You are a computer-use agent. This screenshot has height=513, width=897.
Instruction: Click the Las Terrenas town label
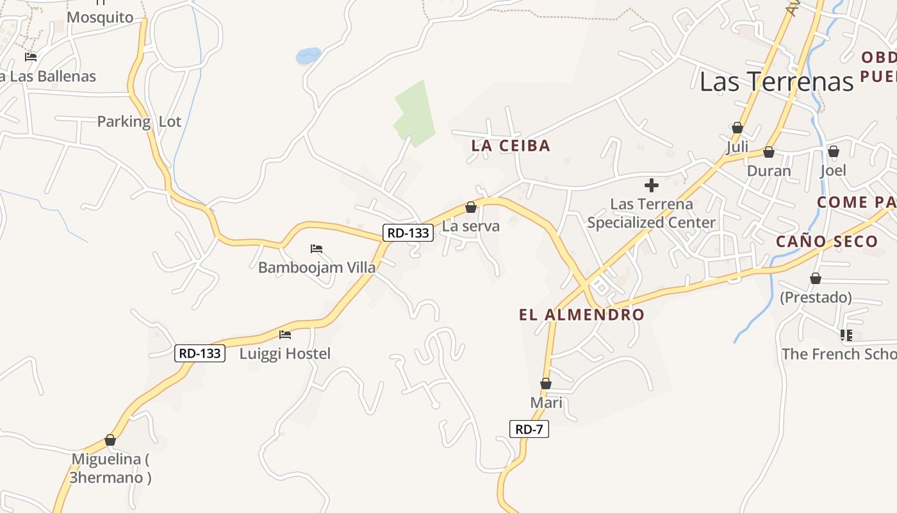(x=777, y=81)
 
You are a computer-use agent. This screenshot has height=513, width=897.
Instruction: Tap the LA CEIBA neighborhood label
(x=511, y=146)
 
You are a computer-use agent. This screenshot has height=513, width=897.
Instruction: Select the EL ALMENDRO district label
(x=581, y=315)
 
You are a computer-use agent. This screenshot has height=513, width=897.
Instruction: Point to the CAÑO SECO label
(x=827, y=242)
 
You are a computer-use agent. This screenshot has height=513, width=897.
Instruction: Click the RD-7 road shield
(x=529, y=429)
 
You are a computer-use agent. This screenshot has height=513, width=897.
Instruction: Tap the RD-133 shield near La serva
(x=408, y=233)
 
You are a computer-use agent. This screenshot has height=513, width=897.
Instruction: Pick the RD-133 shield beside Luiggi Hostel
(x=200, y=353)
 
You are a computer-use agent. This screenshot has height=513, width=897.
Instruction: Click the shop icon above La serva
(x=471, y=207)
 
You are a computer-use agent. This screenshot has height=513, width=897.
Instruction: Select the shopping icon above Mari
(x=546, y=383)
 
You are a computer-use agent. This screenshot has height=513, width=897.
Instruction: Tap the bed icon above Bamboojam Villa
(x=317, y=248)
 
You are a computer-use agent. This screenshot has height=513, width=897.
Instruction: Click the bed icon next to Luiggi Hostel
(x=285, y=334)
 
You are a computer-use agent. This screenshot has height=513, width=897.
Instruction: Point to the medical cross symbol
(x=652, y=186)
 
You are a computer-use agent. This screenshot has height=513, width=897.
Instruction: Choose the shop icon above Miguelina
(x=110, y=440)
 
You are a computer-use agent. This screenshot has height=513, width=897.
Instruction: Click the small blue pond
(x=308, y=56)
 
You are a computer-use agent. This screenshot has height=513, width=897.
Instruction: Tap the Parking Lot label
(x=139, y=121)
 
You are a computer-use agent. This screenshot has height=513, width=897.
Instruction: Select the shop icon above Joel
(x=833, y=151)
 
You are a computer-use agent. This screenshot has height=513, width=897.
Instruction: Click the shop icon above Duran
(x=769, y=152)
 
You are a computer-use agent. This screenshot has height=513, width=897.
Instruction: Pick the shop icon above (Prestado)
(x=815, y=278)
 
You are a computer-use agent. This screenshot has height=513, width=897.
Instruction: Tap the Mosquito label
(x=100, y=17)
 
